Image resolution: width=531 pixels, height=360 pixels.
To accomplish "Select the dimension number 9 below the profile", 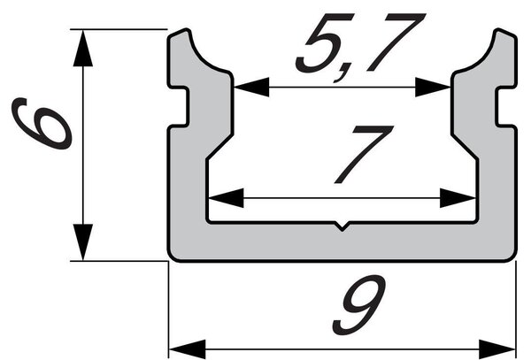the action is (x=359, y=304).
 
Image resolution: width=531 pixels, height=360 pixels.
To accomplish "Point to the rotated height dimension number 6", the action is (x=42, y=124).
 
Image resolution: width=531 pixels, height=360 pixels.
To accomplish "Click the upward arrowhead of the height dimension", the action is (x=82, y=48).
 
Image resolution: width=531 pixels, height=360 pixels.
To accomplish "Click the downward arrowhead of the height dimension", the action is (x=82, y=242).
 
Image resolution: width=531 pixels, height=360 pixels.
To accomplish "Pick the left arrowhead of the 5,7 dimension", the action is (x=251, y=87).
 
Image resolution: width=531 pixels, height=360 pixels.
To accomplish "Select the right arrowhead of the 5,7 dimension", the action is (x=433, y=87).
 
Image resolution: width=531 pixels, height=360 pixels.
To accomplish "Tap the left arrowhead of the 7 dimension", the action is (x=226, y=198).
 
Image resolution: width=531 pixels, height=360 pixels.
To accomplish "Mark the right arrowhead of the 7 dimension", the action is (x=458, y=198).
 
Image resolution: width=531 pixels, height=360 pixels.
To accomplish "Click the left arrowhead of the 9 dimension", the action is (x=188, y=349).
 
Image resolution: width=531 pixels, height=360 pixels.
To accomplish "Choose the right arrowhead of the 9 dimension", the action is (x=497, y=349).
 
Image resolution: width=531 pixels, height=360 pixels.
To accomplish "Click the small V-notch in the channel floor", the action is (x=342, y=226).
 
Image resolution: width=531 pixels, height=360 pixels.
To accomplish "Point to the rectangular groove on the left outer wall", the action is (x=179, y=106).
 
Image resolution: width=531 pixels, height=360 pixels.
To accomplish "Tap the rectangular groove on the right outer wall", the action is (x=506, y=106).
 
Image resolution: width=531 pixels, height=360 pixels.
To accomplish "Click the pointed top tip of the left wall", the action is (x=186, y=30).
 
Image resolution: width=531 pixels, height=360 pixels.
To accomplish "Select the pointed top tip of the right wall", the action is (x=498, y=30).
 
